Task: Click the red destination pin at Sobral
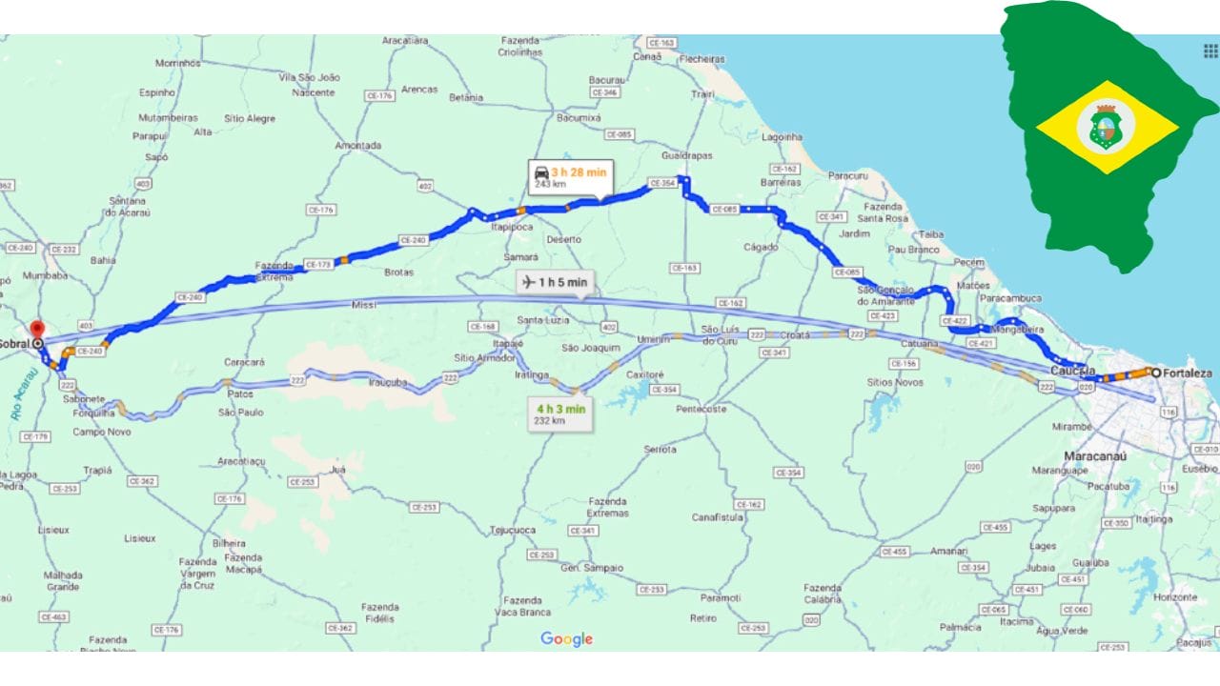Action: tap(37, 328)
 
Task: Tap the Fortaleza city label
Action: tap(1187, 373)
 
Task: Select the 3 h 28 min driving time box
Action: tap(571, 177)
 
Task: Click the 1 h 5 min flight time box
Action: tap(553, 282)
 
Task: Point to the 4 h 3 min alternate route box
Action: tap(560, 414)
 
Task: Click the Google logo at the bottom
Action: tap(566, 639)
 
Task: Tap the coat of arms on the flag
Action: tap(1106, 127)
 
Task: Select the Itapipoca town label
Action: tap(512, 228)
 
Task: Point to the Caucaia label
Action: tap(1072, 370)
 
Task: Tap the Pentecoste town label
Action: tap(701, 409)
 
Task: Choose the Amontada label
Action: tap(358, 146)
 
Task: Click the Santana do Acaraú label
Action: tap(128, 206)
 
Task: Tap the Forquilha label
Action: tap(93, 414)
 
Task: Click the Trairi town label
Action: tap(702, 94)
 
